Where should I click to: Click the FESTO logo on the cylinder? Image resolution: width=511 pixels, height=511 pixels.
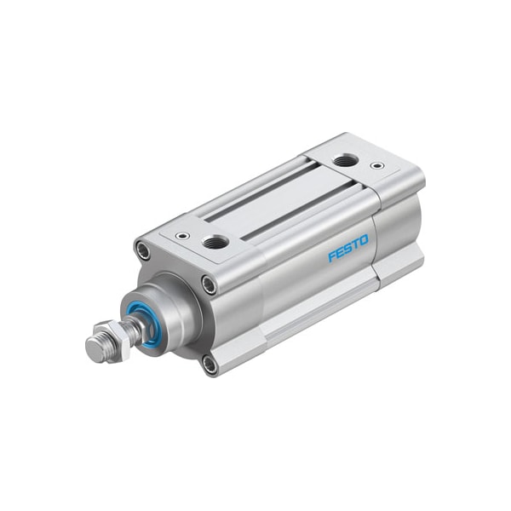(x=348, y=248)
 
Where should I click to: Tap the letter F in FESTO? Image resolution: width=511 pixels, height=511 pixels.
(x=332, y=256)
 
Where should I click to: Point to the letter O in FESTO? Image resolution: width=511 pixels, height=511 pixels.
(x=364, y=240)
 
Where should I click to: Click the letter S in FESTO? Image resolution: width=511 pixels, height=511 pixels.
(x=347, y=249)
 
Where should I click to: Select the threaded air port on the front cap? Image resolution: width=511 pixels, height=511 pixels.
(x=215, y=242)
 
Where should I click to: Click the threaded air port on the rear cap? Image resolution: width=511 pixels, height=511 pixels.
(x=345, y=161)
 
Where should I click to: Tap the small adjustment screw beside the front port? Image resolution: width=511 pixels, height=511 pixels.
(x=181, y=235)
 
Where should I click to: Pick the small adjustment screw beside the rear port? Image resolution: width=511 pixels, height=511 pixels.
(x=377, y=165)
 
